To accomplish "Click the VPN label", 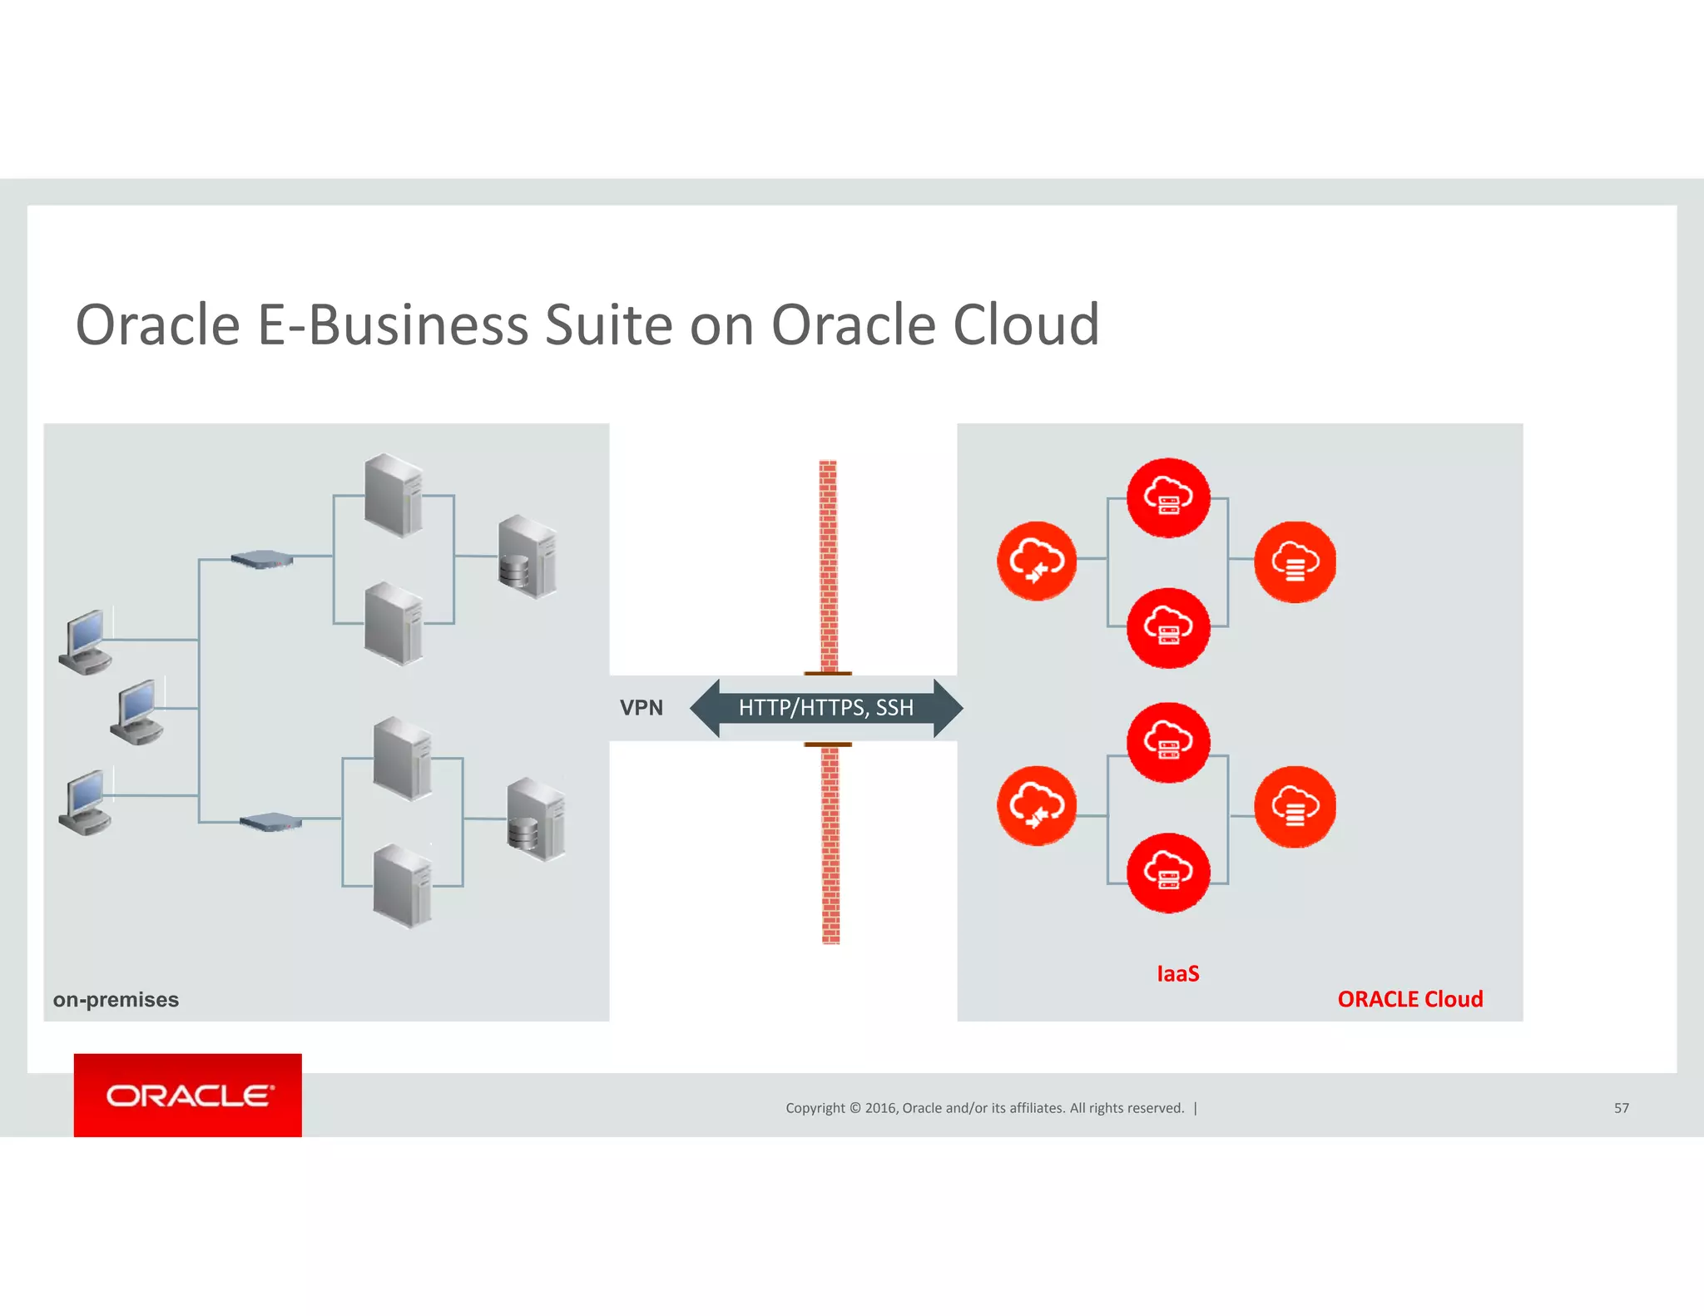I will (641, 708).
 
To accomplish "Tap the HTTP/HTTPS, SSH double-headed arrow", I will (825, 708).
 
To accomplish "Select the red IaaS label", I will (1177, 973).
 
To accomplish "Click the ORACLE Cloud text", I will (1409, 999).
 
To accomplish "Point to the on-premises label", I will (116, 999).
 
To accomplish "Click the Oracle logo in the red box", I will (188, 1096).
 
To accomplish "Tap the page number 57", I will (1621, 1108).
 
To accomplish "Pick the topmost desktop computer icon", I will (86, 641).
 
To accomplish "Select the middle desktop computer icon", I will (137, 711).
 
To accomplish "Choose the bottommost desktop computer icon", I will (86, 802).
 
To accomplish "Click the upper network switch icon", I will (262, 559).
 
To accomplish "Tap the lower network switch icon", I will (270, 822).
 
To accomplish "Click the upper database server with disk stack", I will (528, 556).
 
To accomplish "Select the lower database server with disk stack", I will (536, 819).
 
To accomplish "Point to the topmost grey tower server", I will (394, 495).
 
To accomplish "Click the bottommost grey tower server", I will (403, 885).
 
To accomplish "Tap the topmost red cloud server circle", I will (1168, 497).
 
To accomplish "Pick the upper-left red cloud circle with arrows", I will (1037, 561).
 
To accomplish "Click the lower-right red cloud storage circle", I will (1295, 806).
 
